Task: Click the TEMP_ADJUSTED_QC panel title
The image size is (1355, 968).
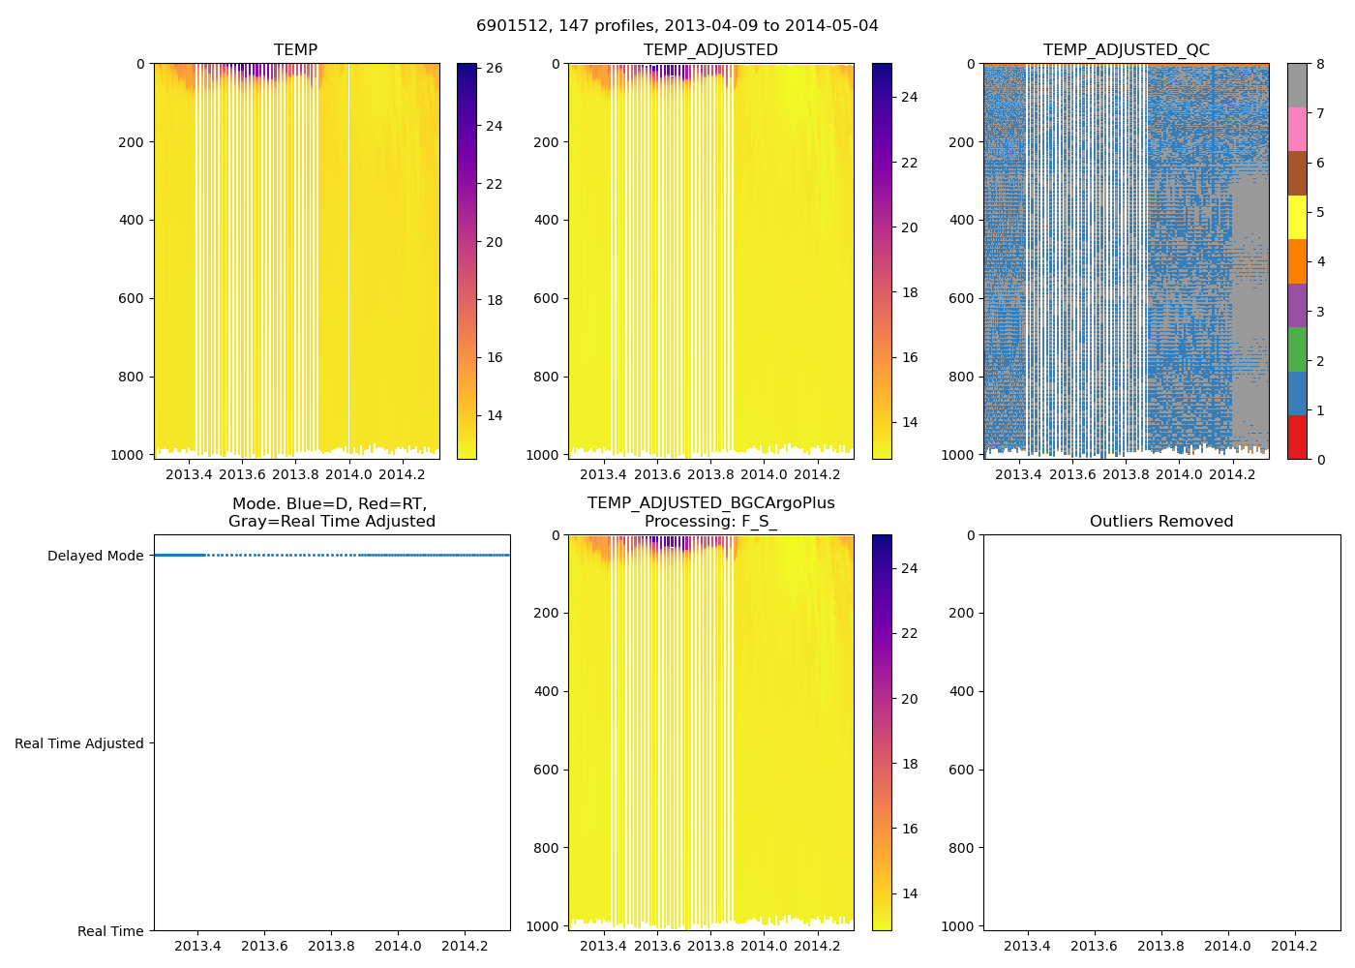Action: pyautogui.click(x=1126, y=50)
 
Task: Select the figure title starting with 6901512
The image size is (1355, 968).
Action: pyautogui.click(x=677, y=26)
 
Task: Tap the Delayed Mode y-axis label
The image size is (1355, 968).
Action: pyautogui.click(x=95, y=556)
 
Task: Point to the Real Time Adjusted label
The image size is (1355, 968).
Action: pyautogui.click(x=79, y=743)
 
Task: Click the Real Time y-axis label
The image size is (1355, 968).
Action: pyautogui.click(x=110, y=931)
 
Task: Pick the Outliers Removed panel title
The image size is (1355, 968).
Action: pyautogui.click(x=1161, y=522)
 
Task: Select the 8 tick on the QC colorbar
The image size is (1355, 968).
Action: pyautogui.click(x=1319, y=64)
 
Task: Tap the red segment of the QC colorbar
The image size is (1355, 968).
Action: pyautogui.click(x=1297, y=437)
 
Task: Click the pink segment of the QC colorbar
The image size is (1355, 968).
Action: pyautogui.click(x=1297, y=129)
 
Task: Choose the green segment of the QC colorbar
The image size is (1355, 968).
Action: pyautogui.click(x=1297, y=349)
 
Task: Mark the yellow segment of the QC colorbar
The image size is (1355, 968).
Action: pyautogui.click(x=1297, y=217)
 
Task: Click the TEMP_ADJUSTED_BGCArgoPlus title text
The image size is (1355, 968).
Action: pyautogui.click(x=710, y=503)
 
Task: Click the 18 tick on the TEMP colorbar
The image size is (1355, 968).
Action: pyautogui.click(x=494, y=300)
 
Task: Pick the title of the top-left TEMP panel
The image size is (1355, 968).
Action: pyautogui.click(x=295, y=50)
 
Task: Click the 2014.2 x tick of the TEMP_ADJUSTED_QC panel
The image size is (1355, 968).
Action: pyautogui.click(x=1232, y=474)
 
